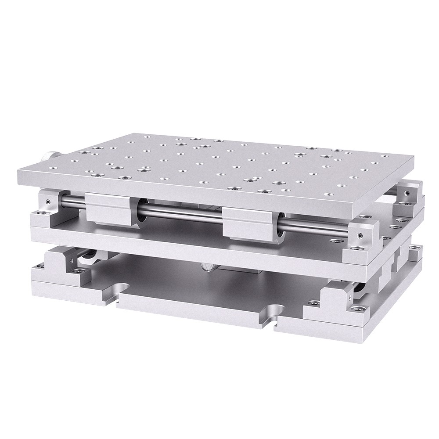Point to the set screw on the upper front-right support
tap(359, 236)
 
